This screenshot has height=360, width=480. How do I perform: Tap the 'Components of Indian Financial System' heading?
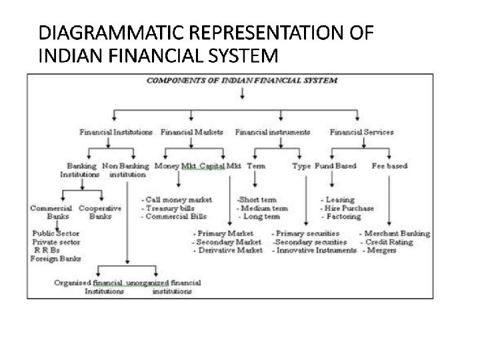[241, 80]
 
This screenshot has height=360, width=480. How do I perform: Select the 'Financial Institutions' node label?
[116, 132]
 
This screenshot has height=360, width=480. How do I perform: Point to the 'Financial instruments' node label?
[273, 132]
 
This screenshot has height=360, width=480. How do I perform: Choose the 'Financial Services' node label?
[362, 132]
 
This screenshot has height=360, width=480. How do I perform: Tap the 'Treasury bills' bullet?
[171, 208]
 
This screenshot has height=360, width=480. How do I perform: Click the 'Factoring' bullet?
[341, 217]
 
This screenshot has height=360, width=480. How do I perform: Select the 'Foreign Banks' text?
[55, 259]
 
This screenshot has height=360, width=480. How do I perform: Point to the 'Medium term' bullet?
[264, 208]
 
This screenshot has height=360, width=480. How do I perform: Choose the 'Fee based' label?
[389, 165]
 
